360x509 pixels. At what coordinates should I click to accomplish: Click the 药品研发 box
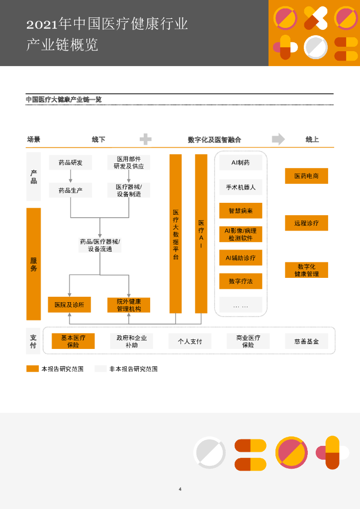[x=71, y=163]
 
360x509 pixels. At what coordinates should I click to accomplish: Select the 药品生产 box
[x=71, y=190]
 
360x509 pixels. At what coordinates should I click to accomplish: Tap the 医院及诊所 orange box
[x=70, y=305]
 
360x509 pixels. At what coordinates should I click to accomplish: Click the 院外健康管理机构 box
[x=129, y=305]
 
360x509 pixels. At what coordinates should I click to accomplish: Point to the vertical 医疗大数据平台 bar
[x=176, y=234]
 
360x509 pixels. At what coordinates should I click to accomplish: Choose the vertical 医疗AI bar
[x=201, y=234]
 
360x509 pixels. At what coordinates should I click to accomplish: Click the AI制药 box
[x=241, y=163]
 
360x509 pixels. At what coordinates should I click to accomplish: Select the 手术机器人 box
[x=241, y=187]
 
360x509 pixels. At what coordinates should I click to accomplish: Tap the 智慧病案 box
[x=241, y=211]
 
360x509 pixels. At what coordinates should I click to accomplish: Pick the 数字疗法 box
[x=241, y=281]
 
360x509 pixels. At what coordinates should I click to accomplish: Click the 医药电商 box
[x=306, y=176]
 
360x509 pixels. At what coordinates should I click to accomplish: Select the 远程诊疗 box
[x=306, y=223]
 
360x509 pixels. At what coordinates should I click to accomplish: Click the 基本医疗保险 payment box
[x=73, y=341]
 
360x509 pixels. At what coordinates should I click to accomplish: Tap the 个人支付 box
[x=190, y=341]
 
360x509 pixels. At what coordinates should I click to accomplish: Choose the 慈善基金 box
[x=307, y=341]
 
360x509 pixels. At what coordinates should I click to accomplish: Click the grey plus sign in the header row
[x=146, y=139]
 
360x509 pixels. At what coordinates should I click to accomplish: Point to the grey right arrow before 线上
[x=278, y=139]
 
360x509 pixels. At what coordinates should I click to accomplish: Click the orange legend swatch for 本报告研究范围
[x=32, y=369]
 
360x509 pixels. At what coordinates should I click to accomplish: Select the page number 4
[x=180, y=489]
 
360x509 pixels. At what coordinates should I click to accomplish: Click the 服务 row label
[x=33, y=264]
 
